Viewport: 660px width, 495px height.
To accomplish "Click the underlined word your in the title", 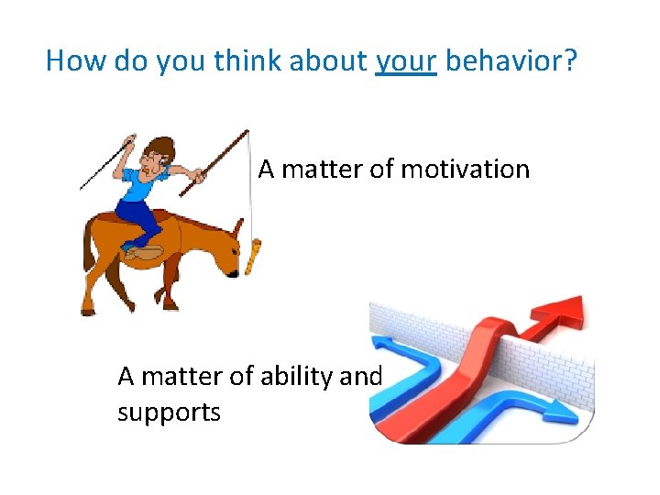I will (406, 61).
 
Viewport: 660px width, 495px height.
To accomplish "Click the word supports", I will (169, 412).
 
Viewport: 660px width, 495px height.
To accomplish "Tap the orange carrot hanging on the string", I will (254, 256).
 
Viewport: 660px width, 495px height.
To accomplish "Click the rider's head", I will (161, 156).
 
